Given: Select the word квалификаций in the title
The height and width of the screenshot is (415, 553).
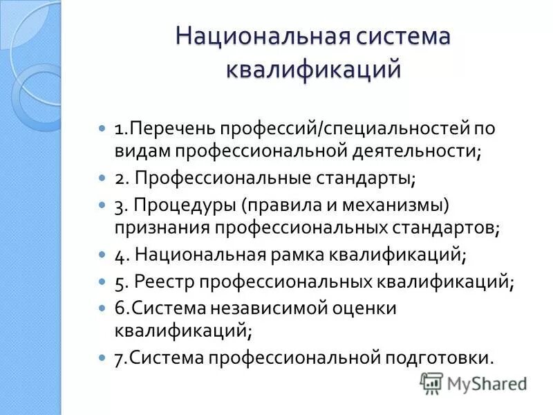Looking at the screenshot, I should click(x=314, y=70).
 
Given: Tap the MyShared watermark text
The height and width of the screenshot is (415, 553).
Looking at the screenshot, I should click(x=487, y=384).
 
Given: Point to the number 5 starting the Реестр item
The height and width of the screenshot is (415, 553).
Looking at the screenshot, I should click(x=120, y=283).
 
